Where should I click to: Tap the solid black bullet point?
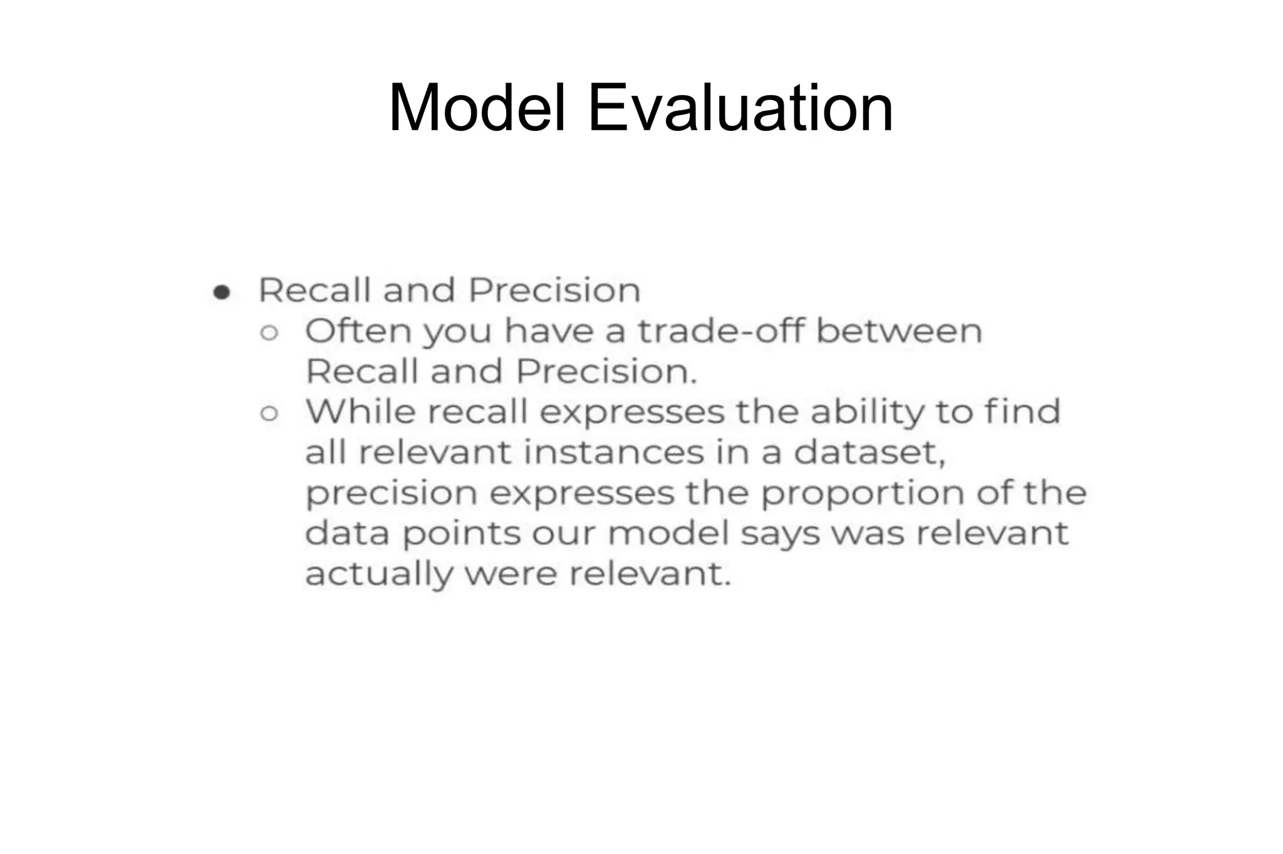coord(222,292)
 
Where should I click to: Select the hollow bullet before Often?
coord(269,333)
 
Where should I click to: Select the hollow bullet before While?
coord(269,414)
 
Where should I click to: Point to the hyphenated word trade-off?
coord(721,331)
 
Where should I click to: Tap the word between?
coord(899,331)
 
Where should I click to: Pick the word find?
coord(1022,411)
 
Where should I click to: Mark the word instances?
coord(614,452)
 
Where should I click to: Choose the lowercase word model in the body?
coord(668,533)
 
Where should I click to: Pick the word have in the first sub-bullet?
coord(549,331)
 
